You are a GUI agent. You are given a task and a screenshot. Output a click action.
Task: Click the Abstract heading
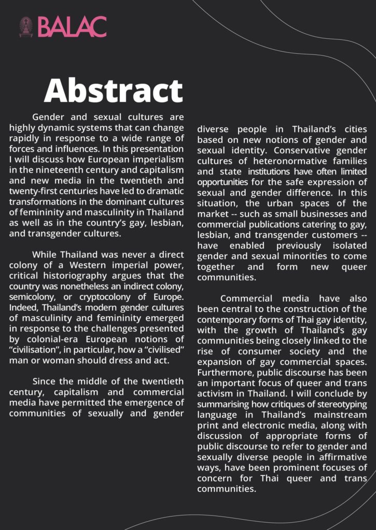[113, 91]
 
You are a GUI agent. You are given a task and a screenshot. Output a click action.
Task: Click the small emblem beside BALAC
[26, 27]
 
